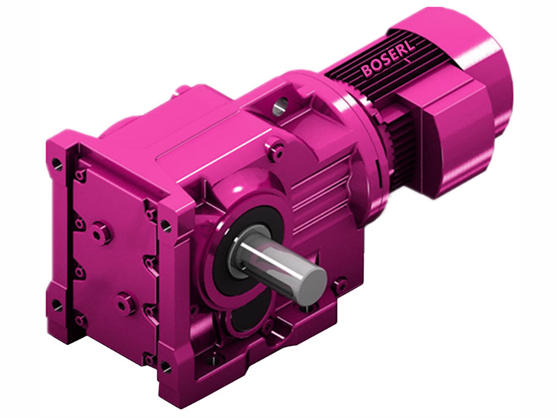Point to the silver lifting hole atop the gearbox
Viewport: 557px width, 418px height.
tap(279, 106)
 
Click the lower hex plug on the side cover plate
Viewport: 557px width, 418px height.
tap(125, 303)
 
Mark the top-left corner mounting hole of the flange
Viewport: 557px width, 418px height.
tap(56, 164)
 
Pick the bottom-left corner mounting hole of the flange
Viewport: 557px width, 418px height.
tap(56, 304)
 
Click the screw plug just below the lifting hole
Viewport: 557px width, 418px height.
tap(277, 150)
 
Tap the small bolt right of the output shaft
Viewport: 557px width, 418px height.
tap(340, 285)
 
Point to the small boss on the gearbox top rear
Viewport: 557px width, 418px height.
tap(182, 90)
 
